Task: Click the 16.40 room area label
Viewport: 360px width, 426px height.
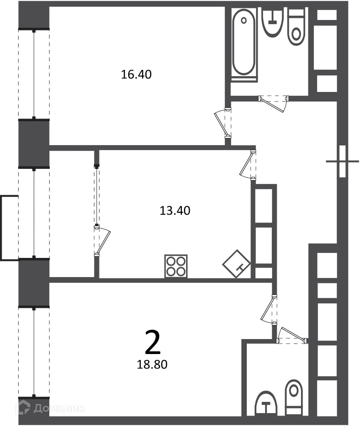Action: [x=136, y=74]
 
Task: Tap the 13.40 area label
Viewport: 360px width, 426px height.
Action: [x=175, y=211]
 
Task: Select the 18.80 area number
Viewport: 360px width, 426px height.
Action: [x=152, y=364]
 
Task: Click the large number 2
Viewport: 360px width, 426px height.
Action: [x=153, y=342]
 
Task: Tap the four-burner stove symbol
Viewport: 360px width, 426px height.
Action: [x=176, y=266]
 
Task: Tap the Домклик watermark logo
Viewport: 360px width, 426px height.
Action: [x=50, y=408]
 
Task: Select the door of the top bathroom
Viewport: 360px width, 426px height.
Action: [x=273, y=104]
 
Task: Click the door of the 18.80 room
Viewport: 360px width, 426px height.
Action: [x=269, y=310]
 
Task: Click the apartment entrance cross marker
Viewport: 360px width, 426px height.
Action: [x=343, y=161]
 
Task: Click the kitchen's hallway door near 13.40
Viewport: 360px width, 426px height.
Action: [x=248, y=165]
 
